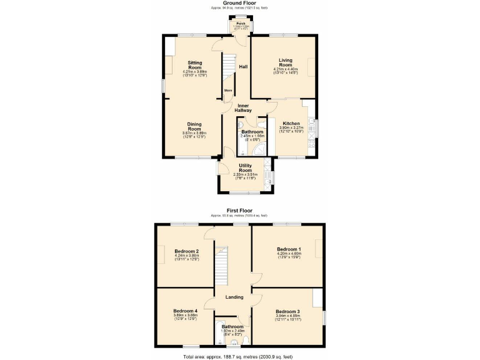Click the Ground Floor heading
point(239,2)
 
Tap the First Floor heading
point(239,211)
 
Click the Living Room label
point(285,62)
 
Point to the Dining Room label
point(194,126)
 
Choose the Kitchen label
point(291,124)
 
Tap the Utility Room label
point(245,168)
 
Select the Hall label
point(243,67)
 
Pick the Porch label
point(240,24)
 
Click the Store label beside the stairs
point(228,91)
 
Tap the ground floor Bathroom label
point(252,132)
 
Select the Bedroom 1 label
point(288,249)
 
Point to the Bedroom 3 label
point(288,311)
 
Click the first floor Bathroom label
point(232,326)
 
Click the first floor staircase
point(221,266)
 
